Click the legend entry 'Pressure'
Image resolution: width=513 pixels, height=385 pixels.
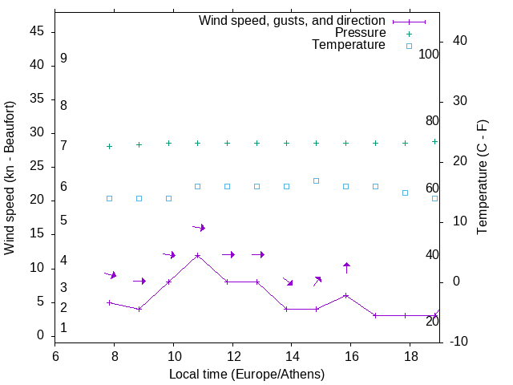[360, 33]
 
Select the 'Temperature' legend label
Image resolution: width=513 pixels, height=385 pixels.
[349, 45]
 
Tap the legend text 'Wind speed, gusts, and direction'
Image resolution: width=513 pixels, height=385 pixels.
[292, 21]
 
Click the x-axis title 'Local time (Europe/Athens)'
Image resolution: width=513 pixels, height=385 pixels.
[247, 374]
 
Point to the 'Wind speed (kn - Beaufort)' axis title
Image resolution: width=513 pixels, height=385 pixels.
[10, 178]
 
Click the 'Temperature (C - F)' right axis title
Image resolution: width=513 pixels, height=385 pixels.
[482, 178]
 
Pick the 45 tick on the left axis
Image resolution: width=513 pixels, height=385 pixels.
[36, 31]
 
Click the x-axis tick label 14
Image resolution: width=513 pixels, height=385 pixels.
[292, 355]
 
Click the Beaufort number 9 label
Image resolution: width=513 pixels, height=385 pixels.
[63, 59]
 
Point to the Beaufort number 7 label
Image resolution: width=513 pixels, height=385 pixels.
[63, 145]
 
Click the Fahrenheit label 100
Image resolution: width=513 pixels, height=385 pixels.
[430, 54]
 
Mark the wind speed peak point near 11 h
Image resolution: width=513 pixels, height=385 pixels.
[198, 256]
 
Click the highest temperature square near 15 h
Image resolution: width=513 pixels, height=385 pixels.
[317, 180]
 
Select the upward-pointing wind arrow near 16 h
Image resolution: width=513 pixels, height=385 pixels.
[346, 267]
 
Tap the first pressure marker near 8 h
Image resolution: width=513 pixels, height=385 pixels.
[110, 146]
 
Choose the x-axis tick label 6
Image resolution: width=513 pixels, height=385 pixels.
[55, 355]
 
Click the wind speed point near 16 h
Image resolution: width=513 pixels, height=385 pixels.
[346, 295]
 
